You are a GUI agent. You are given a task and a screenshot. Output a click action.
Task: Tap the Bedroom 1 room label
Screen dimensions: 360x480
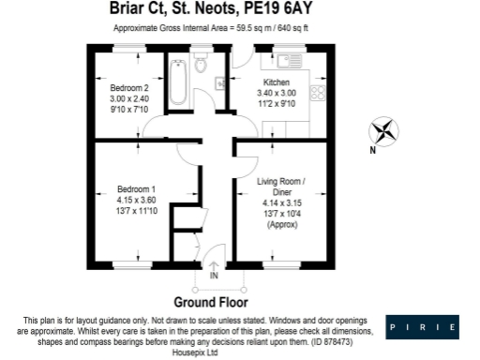(129, 189)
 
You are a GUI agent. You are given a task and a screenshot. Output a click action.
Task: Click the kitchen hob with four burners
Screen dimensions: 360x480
(317, 93)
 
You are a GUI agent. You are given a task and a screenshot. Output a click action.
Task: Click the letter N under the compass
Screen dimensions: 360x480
(371, 150)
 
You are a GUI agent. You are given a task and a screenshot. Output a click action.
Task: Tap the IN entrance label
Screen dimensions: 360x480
(214, 276)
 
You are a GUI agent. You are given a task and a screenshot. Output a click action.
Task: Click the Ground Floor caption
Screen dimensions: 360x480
(210, 302)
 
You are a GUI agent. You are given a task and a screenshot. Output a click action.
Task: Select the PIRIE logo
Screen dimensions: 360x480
(425, 327)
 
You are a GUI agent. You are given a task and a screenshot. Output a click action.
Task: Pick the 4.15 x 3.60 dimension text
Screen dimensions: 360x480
(129, 200)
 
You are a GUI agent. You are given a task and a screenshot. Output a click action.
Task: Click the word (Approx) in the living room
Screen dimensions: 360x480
(281, 226)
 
